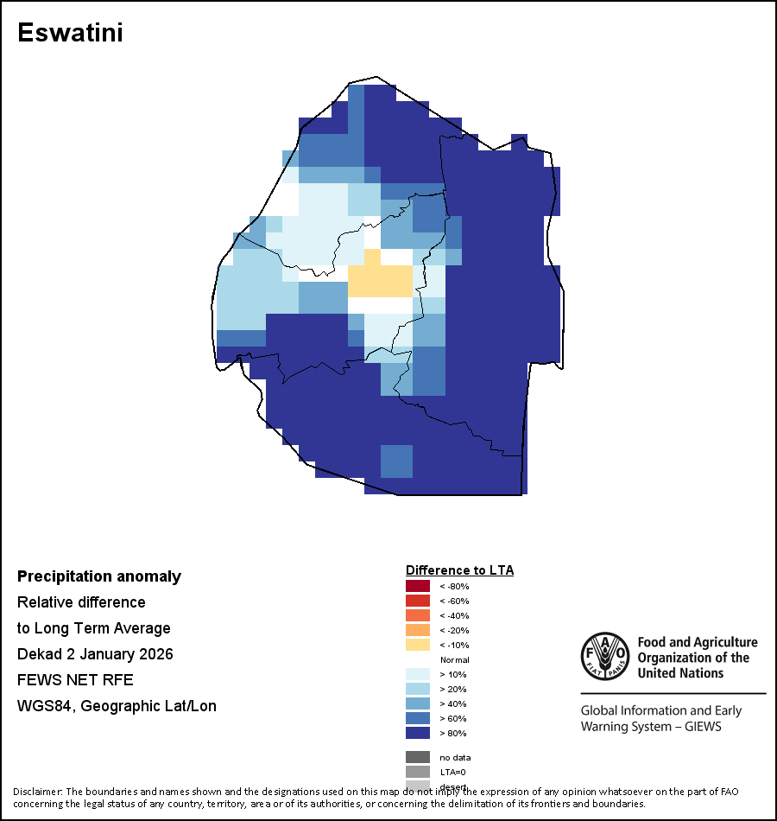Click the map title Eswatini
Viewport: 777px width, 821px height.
pyautogui.click(x=70, y=33)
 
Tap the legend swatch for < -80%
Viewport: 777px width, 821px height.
pyautogui.click(x=418, y=586)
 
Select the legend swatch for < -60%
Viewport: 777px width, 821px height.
pyautogui.click(x=418, y=601)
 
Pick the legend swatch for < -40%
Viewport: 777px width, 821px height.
pyautogui.click(x=418, y=615)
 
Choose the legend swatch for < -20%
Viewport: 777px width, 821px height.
pyautogui.click(x=418, y=630)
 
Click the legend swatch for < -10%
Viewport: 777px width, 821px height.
pyautogui.click(x=418, y=645)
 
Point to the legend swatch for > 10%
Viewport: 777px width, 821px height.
pyautogui.click(x=418, y=674)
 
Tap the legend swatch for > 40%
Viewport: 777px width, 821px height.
pyautogui.click(x=418, y=703)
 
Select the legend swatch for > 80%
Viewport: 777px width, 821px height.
pyautogui.click(x=418, y=733)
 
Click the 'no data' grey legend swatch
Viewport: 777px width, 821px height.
pyautogui.click(x=418, y=757)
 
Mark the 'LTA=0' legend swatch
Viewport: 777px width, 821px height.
pyautogui.click(x=418, y=772)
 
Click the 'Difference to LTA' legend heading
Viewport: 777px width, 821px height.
pyautogui.click(x=459, y=570)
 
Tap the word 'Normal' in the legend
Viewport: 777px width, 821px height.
pyautogui.click(x=454, y=659)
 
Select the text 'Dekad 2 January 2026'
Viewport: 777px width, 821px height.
pyautogui.click(x=95, y=654)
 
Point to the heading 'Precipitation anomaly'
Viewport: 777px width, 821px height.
pyautogui.click(x=99, y=576)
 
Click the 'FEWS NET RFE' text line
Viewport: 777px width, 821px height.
pyautogui.click(x=75, y=680)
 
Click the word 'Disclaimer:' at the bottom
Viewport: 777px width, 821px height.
pyautogui.click(x=37, y=792)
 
